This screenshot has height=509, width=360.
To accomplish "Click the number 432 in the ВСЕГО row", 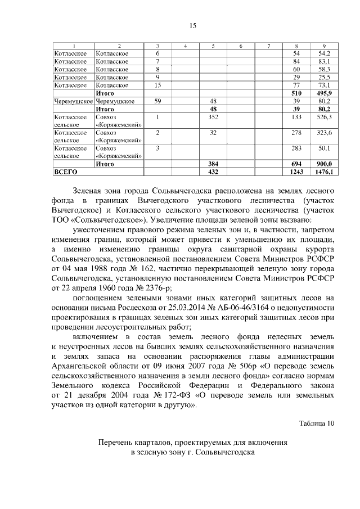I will (213, 172).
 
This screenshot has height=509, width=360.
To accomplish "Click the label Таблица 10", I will (317, 424).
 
